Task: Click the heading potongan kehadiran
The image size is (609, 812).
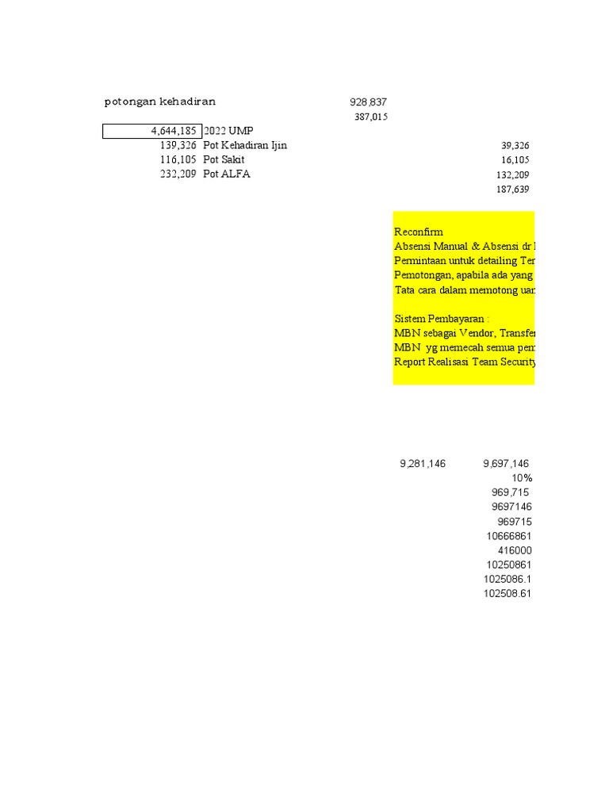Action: click(160, 101)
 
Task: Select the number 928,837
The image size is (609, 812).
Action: click(368, 102)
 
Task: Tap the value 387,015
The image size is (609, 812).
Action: click(370, 117)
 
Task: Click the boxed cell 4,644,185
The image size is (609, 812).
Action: click(152, 131)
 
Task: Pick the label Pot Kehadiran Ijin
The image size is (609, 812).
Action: click(245, 145)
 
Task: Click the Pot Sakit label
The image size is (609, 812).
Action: click(224, 159)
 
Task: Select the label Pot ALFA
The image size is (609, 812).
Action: click(226, 174)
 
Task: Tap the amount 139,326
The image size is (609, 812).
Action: click(178, 145)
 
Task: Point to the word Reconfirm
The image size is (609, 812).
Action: click(419, 232)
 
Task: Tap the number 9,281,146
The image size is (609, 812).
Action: click(423, 464)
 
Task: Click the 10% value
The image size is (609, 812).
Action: click(522, 478)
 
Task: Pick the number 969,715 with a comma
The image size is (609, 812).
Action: click(511, 492)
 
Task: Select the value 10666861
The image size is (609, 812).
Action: click(509, 536)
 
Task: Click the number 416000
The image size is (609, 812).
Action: click(515, 550)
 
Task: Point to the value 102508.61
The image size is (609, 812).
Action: click(507, 594)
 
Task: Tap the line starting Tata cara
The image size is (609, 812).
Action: click(464, 289)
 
